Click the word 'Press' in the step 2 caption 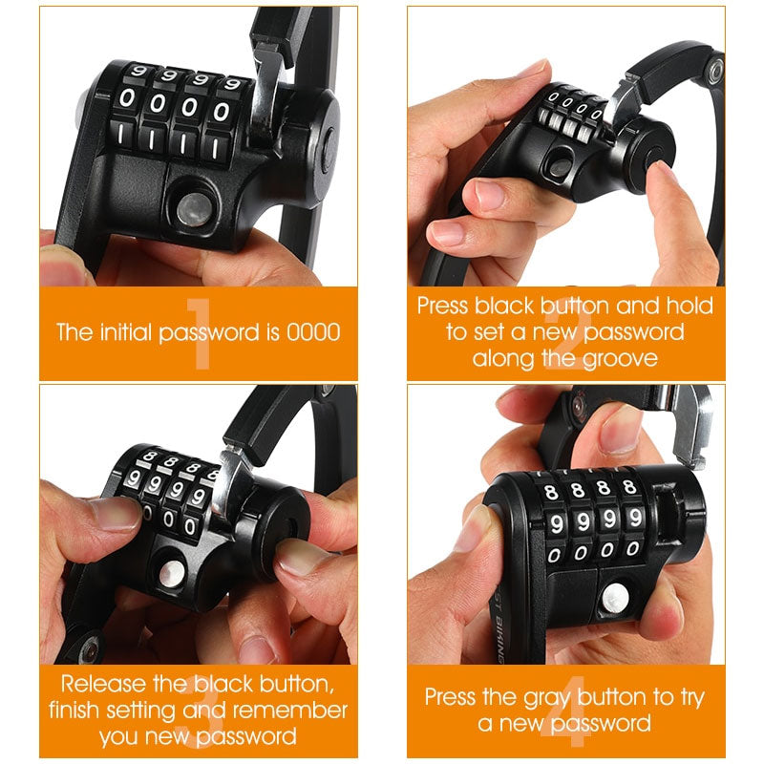point(444,307)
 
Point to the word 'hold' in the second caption point(690,307)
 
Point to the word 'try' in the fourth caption point(690,696)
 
